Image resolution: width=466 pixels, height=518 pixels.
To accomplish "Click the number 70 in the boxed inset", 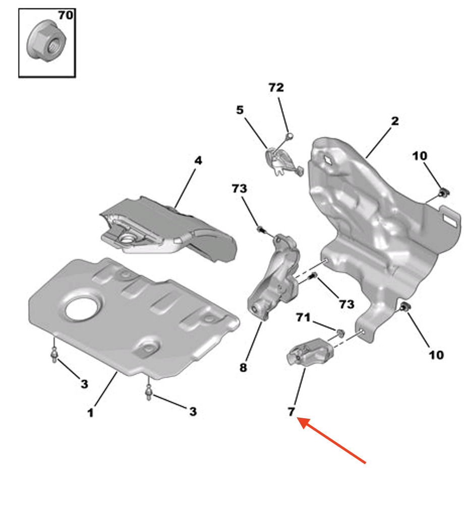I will (65, 15).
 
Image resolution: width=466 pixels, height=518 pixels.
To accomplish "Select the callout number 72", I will (276, 87).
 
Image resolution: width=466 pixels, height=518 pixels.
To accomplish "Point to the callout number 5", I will (240, 109).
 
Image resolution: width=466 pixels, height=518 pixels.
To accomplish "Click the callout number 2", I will (394, 121).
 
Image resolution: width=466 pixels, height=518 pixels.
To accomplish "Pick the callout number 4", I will (198, 160).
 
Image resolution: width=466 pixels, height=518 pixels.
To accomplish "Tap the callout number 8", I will (243, 368).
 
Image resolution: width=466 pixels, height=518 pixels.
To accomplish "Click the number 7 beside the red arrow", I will (291, 412).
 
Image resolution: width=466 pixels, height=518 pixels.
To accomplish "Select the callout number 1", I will (90, 413).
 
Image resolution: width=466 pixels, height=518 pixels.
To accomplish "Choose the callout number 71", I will (303, 317).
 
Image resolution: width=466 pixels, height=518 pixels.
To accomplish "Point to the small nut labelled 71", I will (340, 332).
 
